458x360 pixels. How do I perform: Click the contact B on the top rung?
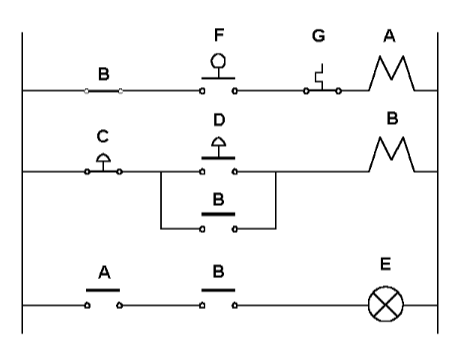pos(103,90)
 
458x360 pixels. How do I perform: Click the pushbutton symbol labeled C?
pos(103,164)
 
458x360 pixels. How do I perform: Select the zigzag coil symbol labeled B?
pos(391,156)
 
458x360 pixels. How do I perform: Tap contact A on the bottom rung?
pos(103,298)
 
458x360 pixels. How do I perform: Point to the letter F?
pos(219,35)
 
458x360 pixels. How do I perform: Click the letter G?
pos(319,36)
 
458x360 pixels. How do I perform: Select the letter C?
pos(103,135)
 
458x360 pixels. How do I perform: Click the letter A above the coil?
pos(391,35)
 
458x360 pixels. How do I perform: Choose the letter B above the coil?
pos(391,117)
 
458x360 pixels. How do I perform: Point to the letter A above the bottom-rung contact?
pos(103,270)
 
